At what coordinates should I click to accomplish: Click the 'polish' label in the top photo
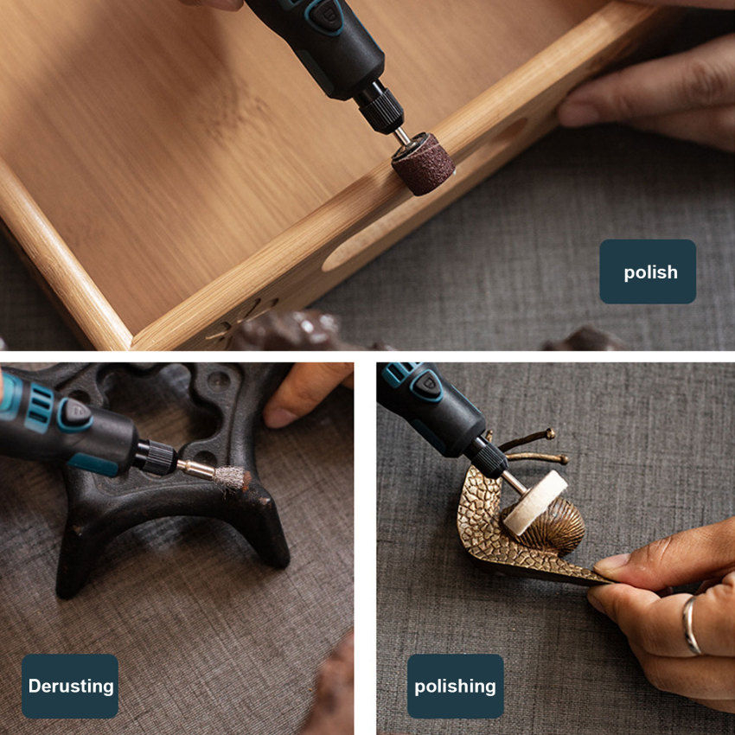(x=648, y=272)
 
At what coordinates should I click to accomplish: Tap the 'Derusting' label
(x=70, y=686)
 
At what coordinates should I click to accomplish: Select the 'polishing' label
(x=455, y=686)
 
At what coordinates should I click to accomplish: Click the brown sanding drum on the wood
(x=423, y=163)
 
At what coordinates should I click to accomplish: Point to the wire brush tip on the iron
(x=232, y=477)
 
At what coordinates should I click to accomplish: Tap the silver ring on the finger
(x=692, y=625)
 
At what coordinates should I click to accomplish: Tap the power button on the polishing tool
(x=426, y=386)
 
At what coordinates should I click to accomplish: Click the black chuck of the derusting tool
(x=157, y=457)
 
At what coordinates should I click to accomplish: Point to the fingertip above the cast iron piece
(x=280, y=415)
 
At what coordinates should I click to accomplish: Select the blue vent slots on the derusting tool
(x=40, y=407)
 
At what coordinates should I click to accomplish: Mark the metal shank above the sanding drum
(x=402, y=136)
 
